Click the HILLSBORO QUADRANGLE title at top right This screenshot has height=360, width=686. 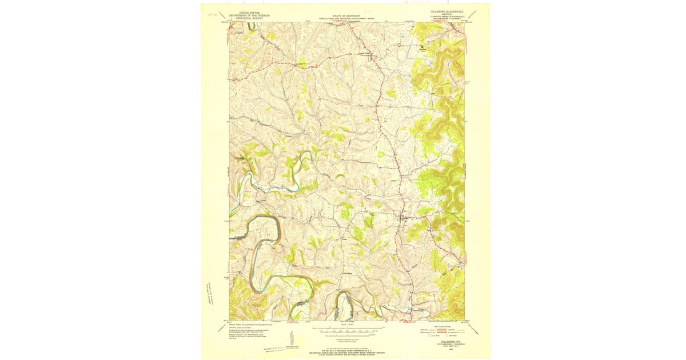coord(443,11)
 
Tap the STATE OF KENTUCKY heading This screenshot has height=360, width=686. coord(347,15)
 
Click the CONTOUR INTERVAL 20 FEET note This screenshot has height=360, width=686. coord(347,339)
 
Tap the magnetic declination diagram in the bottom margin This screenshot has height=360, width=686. coord(292,337)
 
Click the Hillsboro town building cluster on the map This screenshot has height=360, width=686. coord(402,218)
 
